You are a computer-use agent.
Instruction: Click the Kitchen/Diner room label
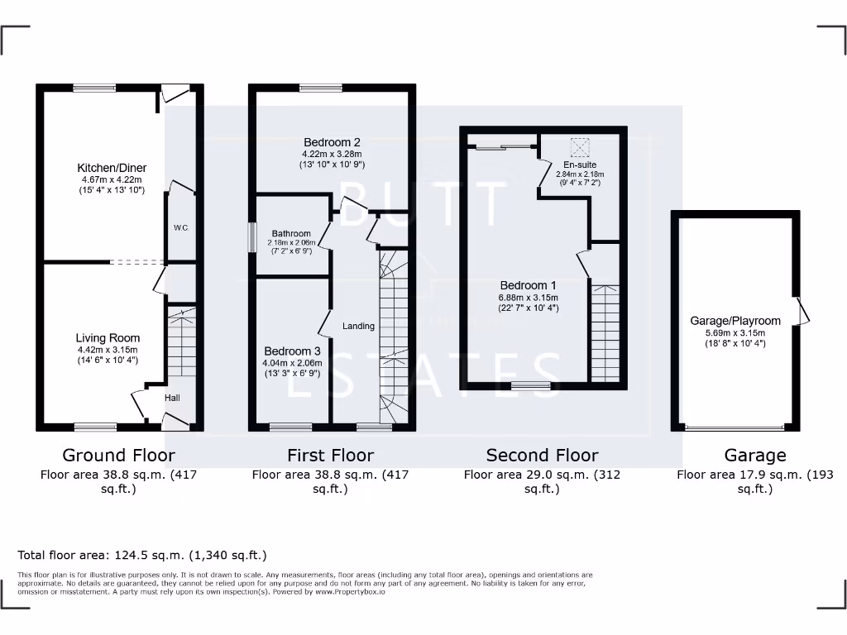click(112, 168)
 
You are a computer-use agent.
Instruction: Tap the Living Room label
click(108, 337)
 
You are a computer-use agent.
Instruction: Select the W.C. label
click(180, 227)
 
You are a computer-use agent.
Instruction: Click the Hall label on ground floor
click(172, 398)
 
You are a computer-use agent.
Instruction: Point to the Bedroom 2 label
click(331, 142)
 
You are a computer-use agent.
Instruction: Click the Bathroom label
click(290, 234)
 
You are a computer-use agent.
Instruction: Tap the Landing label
click(358, 326)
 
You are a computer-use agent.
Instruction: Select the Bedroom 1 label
click(528, 286)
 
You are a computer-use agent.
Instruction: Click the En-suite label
click(580, 165)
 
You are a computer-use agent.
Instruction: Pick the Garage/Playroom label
click(735, 321)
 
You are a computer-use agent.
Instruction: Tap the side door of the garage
click(800, 311)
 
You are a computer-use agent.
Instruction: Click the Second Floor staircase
click(605, 332)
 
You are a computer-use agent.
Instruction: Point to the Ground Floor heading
click(118, 455)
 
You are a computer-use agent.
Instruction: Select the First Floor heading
click(330, 455)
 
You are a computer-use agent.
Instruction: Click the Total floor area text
click(142, 556)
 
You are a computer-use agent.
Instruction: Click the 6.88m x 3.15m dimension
click(528, 298)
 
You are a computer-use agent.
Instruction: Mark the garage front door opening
click(735, 428)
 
